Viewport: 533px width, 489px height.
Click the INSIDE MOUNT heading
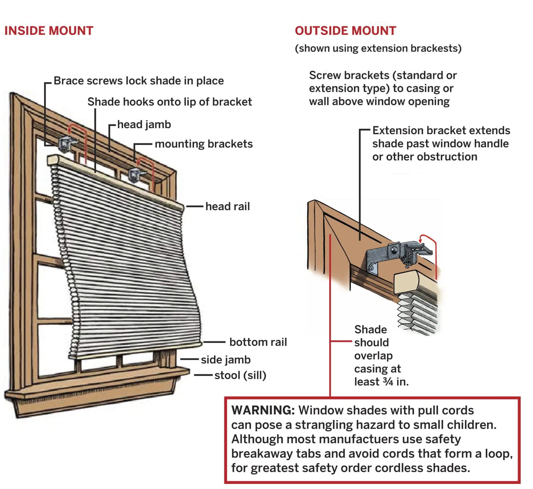49,31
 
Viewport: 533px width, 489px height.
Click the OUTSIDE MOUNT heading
345,31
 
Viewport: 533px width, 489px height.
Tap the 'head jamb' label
144,125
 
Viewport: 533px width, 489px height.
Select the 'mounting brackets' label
204,144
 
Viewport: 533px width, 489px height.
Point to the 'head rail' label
228,206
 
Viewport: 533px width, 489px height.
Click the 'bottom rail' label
258,342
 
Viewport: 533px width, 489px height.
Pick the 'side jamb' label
226,360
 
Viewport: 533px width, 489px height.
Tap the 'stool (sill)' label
240,375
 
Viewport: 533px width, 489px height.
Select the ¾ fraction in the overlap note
388,382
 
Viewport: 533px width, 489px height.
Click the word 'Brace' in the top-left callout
68,81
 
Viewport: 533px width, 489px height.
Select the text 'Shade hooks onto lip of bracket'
170,102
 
